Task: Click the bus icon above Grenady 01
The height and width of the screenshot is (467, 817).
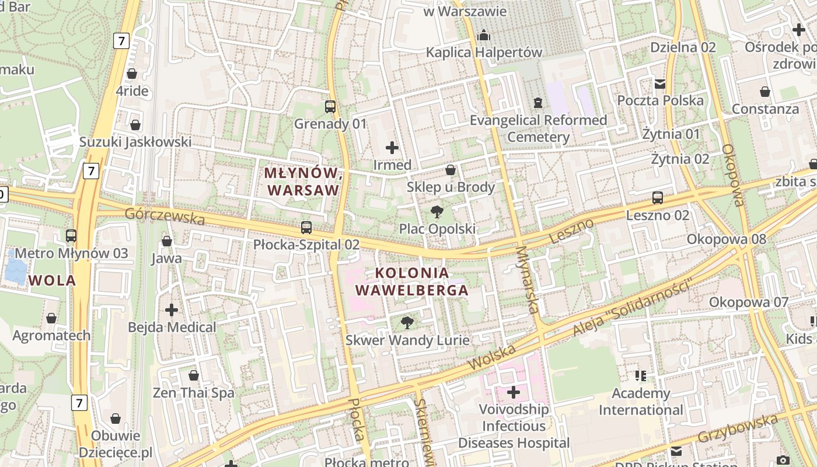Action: click(330, 107)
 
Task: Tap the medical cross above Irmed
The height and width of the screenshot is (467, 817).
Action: click(392, 148)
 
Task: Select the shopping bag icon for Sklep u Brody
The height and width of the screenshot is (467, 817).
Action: click(451, 170)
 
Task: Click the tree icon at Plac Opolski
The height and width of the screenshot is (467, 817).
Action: click(437, 211)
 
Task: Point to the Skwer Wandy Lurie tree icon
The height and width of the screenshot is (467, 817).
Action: click(407, 322)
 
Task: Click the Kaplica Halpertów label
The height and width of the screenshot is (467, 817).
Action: click(484, 53)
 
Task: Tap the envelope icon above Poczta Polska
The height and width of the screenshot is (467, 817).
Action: click(660, 83)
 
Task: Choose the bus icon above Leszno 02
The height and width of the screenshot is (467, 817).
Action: click(658, 198)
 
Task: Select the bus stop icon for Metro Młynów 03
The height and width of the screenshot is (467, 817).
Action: click(71, 236)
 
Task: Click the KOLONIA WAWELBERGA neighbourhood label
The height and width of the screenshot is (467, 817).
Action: click(413, 281)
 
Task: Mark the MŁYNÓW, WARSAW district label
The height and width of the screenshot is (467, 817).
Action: click(302, 182)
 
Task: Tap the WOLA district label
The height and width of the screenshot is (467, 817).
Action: click(53, 280)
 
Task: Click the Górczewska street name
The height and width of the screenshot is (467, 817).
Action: click(165, 216)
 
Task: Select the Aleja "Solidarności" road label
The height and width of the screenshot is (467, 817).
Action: click(632, 308)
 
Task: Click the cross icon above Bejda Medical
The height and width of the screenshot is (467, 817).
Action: click(172, 309)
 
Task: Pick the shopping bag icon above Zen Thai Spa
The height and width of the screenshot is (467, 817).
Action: click(194, 375)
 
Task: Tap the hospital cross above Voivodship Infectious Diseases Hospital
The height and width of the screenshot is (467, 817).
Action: click(514, 392)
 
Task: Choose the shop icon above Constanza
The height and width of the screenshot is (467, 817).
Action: click(765, 92)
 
